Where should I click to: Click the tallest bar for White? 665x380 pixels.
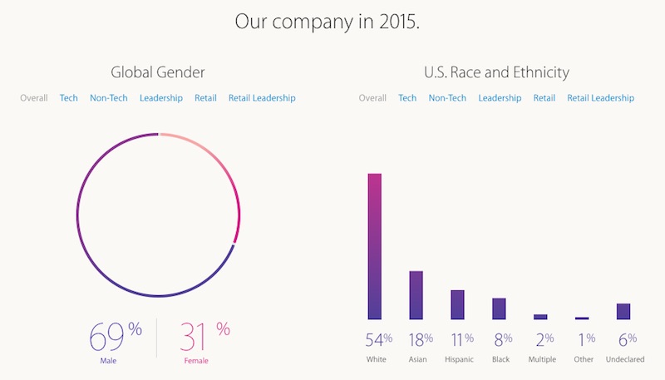pos(375,246)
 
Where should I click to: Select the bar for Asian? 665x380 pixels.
pos(416,295)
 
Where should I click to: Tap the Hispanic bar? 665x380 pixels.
pos(457,304)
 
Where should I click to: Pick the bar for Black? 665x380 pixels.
pos(499,308)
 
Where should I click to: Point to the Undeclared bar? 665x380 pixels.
pos(623,311)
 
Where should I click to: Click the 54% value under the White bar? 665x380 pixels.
pos(378,339)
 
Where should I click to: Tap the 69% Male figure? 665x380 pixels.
pos(114,336)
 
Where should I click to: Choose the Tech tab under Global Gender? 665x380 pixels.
pos(69,98)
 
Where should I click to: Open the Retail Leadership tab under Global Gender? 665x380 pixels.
pos(262,98)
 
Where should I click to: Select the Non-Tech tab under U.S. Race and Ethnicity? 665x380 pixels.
pos(447,98)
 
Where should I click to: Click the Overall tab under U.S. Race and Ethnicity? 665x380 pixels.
pos(372,98)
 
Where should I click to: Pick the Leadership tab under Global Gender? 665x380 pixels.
pos(161,98)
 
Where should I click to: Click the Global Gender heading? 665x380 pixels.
pos(158,73)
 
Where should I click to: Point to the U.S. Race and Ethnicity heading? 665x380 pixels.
pos(496,73)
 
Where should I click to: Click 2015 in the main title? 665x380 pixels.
pos(397,21)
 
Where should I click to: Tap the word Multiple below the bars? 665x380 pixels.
pos(542,360)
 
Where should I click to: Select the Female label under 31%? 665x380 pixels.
pos(196,361)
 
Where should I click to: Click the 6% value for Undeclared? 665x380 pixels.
pos(627,339)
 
